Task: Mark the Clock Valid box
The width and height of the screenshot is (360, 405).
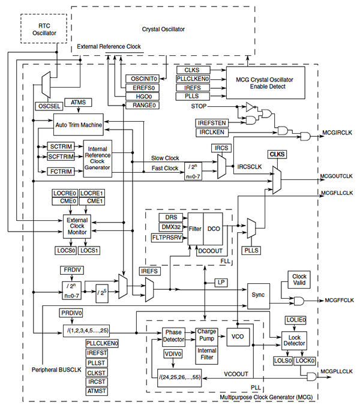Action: (x=299, y=280)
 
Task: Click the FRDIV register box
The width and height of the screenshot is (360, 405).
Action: (x=70, y=270)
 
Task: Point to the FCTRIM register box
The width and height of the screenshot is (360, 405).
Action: (x=60, y=171)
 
